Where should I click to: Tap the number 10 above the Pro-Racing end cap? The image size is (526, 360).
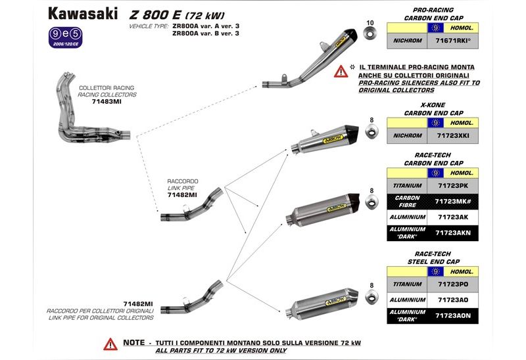point(370,23)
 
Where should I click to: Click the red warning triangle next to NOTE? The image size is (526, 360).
point(109,344)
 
